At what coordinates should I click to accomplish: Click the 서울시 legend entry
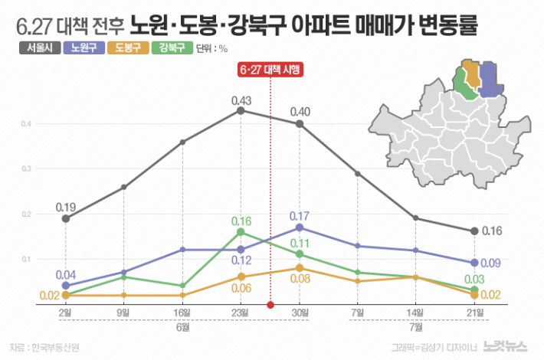point(35,47)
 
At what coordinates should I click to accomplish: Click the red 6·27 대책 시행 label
point(270,70)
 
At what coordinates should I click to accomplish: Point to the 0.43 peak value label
point(241,100)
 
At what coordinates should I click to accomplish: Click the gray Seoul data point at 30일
point(300,124)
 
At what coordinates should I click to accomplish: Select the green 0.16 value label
point(241,221)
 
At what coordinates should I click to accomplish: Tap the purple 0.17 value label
point(300,215)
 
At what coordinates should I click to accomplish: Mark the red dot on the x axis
point(270,305)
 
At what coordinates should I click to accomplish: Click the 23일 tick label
point(241,313)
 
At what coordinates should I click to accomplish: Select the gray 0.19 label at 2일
point(65,208)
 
